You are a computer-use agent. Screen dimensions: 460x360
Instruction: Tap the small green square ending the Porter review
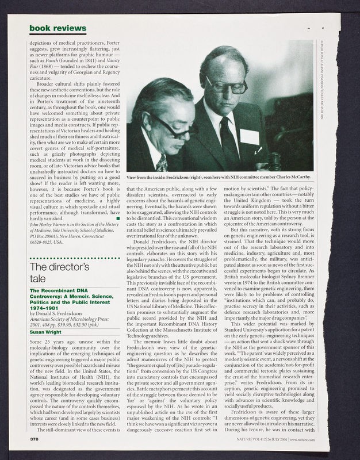(x=117, y=218)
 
